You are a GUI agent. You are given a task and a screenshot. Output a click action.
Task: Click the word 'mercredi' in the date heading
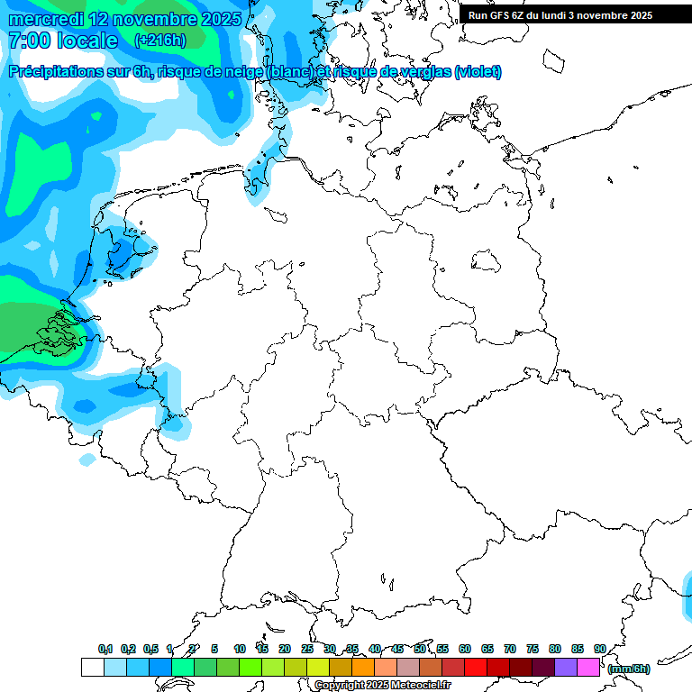(x=45, y=19)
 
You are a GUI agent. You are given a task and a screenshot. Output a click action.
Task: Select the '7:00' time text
(x=28, y=41)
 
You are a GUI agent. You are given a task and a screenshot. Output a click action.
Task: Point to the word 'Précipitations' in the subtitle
(x=53, y=72)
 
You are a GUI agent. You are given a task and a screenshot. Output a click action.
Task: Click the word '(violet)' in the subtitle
(x=478, y=72)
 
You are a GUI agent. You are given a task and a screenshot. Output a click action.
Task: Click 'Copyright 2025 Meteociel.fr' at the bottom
(x=382, y=686)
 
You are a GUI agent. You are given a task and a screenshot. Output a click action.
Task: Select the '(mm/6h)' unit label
(x=629, y=669)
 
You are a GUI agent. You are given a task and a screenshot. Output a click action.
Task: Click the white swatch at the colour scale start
(x=92, y=668)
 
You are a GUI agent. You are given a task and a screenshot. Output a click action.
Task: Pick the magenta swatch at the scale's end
(x=588, y=668)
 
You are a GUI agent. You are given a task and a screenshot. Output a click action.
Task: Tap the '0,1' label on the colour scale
(x=105, y=650)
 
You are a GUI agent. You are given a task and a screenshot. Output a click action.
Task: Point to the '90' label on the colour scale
(x=600, y=650)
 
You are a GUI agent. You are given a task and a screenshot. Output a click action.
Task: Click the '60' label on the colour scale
(x=465, y=650)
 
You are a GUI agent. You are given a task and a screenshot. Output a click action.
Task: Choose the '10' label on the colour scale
(x=240, y=650)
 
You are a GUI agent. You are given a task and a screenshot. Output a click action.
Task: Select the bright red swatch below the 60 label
(x=476, y=668)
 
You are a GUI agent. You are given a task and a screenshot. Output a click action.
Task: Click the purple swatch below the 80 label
(x=566, y=668)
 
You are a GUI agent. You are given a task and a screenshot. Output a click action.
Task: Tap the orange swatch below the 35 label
(x=363, y=668)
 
